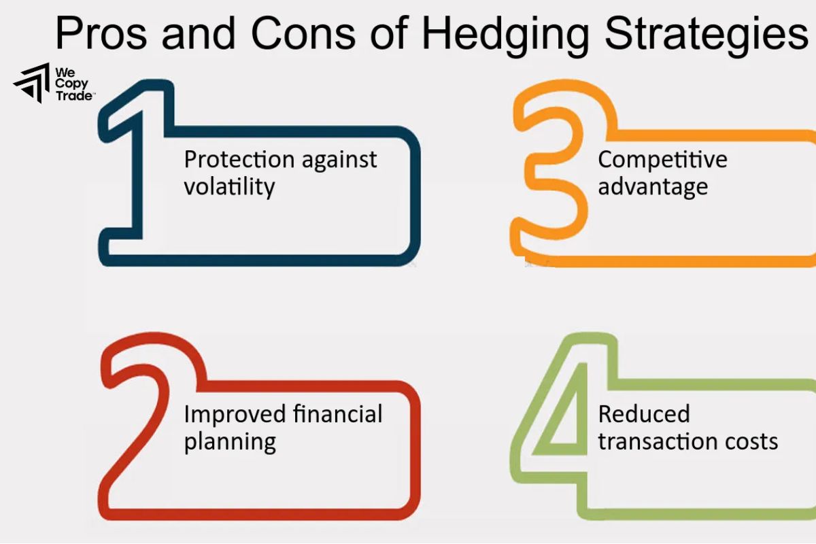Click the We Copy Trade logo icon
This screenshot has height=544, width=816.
click(x=31, y=84)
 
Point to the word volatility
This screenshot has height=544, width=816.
click(x=229, y=186)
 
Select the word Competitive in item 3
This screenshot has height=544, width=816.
click(x=662, y=160)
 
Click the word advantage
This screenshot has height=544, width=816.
click(x=653, y=187)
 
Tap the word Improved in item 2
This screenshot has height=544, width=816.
click(x=235, y=414)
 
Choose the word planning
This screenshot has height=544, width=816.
click(x=230, y=443)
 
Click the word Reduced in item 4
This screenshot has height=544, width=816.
click(x=643, y=414)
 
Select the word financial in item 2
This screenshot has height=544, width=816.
click(x=337, y=414)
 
